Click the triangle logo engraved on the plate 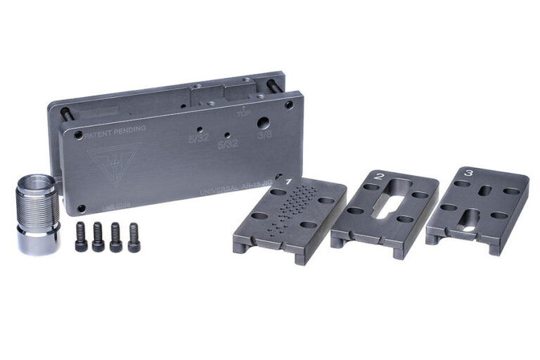(113, 161)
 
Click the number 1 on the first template (288, 182)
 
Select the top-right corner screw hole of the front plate (289, 105)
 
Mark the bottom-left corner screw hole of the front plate (81, 208)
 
